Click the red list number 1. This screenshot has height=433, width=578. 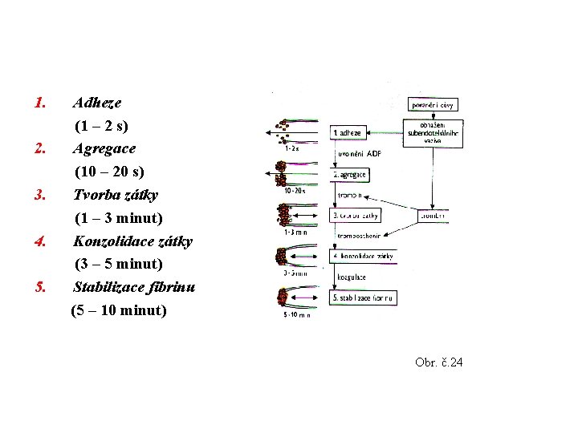42,103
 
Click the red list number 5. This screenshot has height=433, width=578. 42,286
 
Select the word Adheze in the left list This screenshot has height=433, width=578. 97,103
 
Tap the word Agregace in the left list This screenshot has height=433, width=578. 104,148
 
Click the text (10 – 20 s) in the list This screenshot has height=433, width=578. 109,172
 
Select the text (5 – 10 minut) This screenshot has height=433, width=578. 119,310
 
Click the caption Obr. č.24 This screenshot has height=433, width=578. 439,363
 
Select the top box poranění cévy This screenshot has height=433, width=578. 433,105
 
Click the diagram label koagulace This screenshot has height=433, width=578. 352,277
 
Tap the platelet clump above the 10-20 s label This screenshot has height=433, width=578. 282,172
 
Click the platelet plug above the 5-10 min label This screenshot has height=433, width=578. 282,297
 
